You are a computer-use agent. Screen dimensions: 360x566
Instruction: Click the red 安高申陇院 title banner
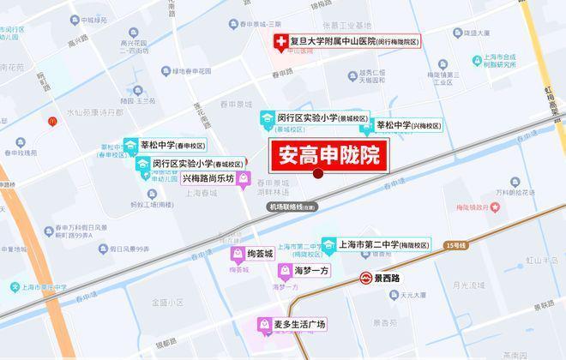[326, 156]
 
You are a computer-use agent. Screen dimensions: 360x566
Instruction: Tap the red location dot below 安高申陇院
[318, 174]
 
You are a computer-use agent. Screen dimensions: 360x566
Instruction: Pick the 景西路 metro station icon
[364, 279]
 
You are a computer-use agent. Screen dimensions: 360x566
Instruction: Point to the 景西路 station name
[388, 279]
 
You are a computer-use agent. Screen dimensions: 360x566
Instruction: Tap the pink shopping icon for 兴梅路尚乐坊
[244, 179]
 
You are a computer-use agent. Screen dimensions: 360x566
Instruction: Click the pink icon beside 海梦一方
[284, 271]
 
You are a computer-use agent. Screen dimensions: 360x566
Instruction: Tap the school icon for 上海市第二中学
[329, 245]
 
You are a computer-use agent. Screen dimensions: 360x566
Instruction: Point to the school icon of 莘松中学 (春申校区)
[130, 146]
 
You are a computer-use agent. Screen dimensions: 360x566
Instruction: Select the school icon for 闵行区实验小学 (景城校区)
[267, 118]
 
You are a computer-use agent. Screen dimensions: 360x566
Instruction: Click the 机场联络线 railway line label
[292, 207]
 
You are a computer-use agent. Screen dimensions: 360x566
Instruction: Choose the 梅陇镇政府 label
[471, 207]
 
